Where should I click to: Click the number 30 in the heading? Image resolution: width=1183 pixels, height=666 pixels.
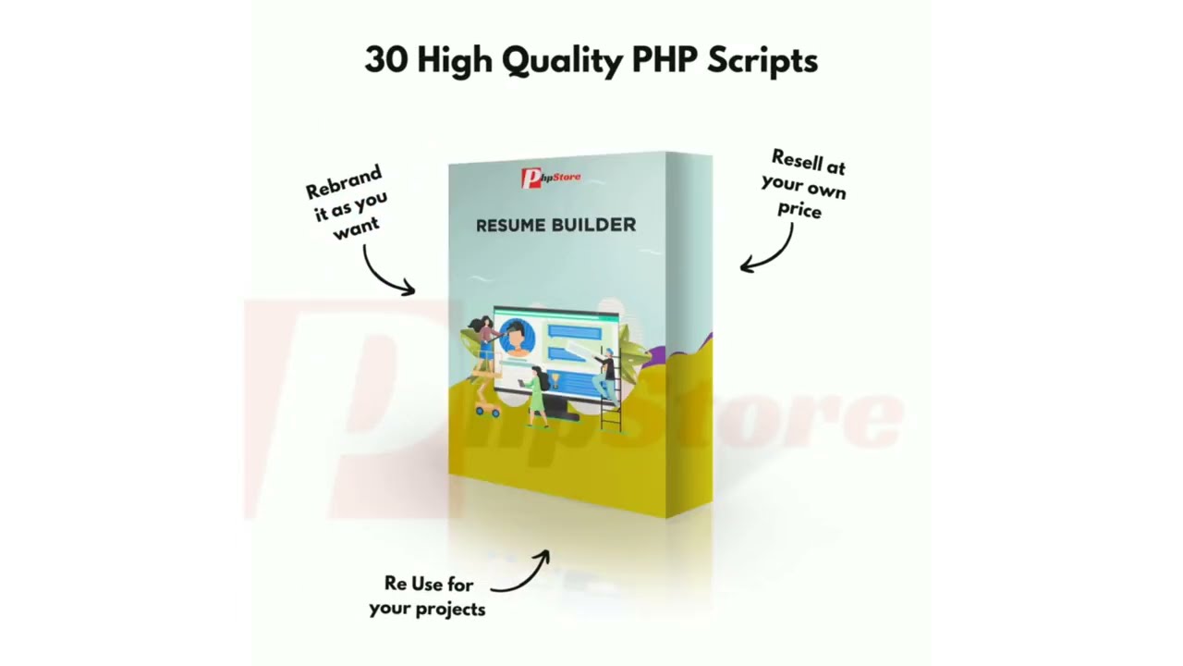click(386, 60)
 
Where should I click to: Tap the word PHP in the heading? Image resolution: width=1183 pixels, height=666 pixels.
click(665, 60)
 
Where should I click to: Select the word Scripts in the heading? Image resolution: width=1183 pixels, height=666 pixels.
click(762, 61)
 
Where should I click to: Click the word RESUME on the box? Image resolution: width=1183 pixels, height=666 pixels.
click(510, 225)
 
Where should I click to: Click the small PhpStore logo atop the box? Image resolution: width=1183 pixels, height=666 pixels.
click(551, 176)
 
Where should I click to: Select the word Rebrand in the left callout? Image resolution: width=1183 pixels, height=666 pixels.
click(343, 182)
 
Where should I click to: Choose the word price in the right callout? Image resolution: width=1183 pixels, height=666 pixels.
click(799, 210)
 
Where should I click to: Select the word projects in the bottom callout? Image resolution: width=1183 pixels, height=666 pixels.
click(450, 609)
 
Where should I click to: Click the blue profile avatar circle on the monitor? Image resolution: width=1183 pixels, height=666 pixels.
click(516, 336)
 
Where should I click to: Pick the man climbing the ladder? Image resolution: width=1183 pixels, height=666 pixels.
click(607, 375)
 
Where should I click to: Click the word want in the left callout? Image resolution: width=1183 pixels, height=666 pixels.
click(356, 227)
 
